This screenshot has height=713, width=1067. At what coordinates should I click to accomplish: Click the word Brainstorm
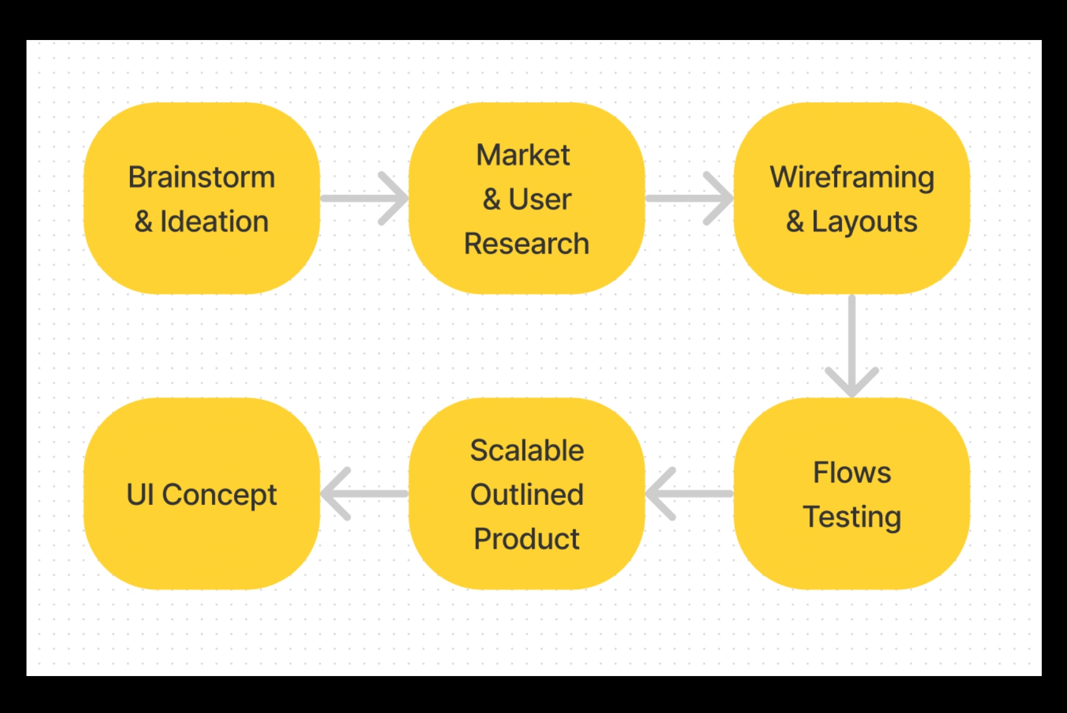201,177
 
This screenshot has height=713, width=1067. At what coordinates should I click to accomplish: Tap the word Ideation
214,221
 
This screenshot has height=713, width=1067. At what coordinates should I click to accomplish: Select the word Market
523,155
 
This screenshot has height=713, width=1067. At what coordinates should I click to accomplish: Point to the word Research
527,243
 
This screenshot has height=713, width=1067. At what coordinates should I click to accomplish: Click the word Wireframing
852,178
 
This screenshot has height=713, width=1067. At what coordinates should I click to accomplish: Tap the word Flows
852,473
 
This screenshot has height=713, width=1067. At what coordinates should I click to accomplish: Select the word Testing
852,517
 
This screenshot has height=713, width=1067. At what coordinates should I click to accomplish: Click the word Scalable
527,450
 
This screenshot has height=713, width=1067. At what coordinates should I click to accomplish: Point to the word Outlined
527,494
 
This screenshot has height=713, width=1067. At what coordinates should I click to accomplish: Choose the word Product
527,539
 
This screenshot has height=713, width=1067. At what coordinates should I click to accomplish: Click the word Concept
219,495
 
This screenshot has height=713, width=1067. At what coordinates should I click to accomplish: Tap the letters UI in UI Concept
140,494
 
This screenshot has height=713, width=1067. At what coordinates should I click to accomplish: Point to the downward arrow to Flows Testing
852,346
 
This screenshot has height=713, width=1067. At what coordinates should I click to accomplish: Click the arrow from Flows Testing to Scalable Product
689,493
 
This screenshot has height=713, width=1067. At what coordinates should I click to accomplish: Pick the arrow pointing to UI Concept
364,493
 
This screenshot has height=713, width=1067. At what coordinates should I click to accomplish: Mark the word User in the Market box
540,199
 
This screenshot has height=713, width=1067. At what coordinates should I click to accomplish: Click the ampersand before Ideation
144,222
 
